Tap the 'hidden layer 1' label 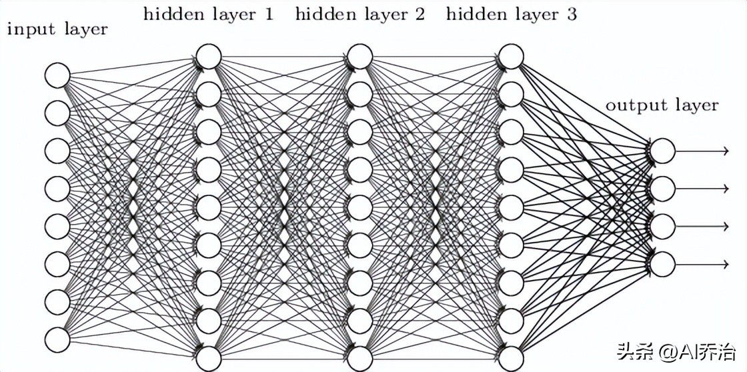[x=208, y=15]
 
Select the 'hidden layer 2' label [x=359, y=15]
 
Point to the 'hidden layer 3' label [x=512, y=15]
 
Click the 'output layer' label [x=661, y=105]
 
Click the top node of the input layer [x=57, y=75]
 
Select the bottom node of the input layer [x=57, y=339]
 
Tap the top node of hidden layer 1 [x=209, y=57]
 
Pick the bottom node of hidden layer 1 [x=209, y=358]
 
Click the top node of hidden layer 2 [x=360, y=57]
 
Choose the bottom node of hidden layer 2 [x=360, y=358]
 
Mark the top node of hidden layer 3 [x=512, y=57]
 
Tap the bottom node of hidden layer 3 [x=512, y=358]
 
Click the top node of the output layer [x=663, y=151]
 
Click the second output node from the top [x=663, y=189]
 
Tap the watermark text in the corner [x=676, y=350]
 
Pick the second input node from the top [x=57, y=113]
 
